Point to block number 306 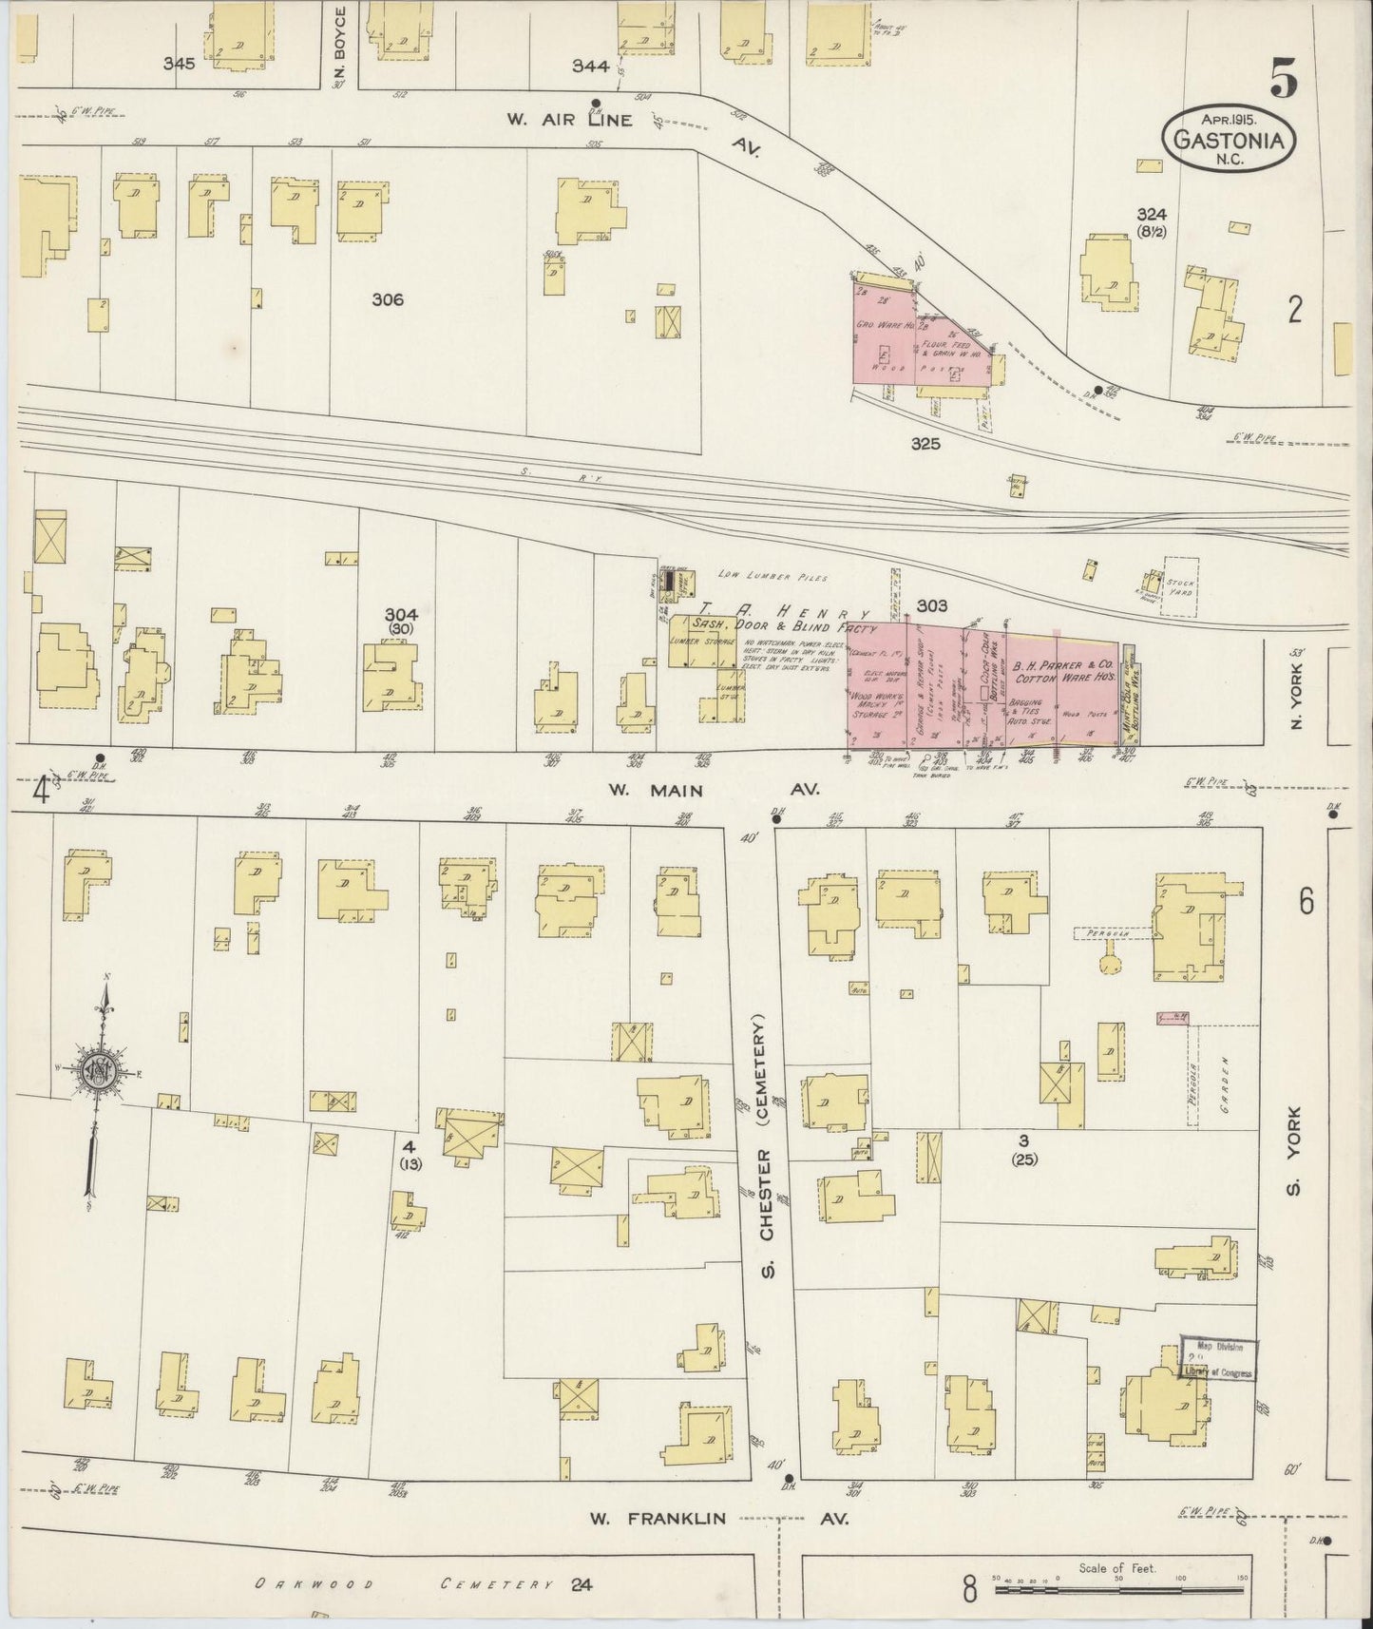tap(388, 299)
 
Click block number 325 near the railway tap(925, 443)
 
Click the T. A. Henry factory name tap(779, 612)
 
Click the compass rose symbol tap(99, 1071)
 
